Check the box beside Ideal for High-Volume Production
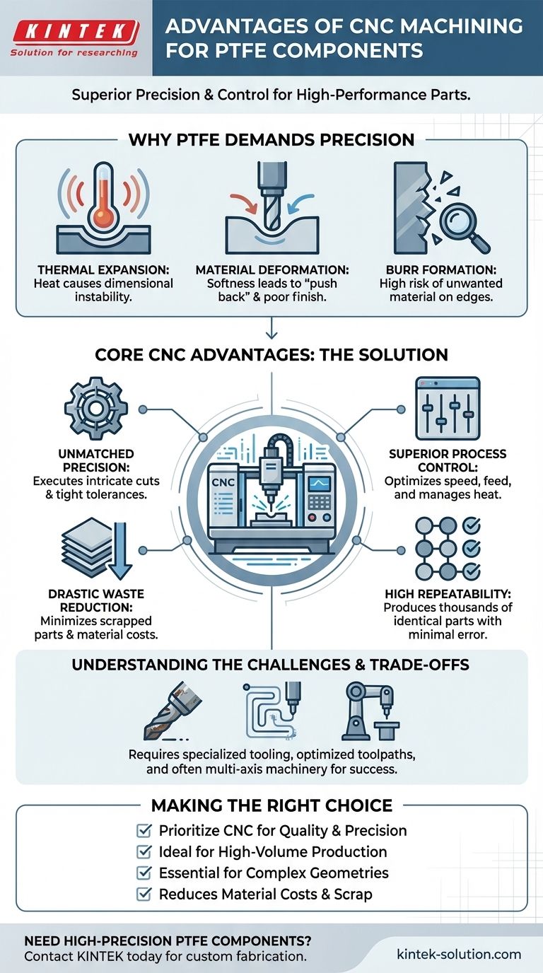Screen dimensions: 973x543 coord(145,851)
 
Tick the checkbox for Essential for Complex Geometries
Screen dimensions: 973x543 coord(145,873)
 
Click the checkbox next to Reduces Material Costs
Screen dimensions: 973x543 coord(145,894)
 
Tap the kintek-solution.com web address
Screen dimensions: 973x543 coord(458,954)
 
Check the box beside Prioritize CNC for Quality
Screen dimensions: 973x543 coord(145,830)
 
